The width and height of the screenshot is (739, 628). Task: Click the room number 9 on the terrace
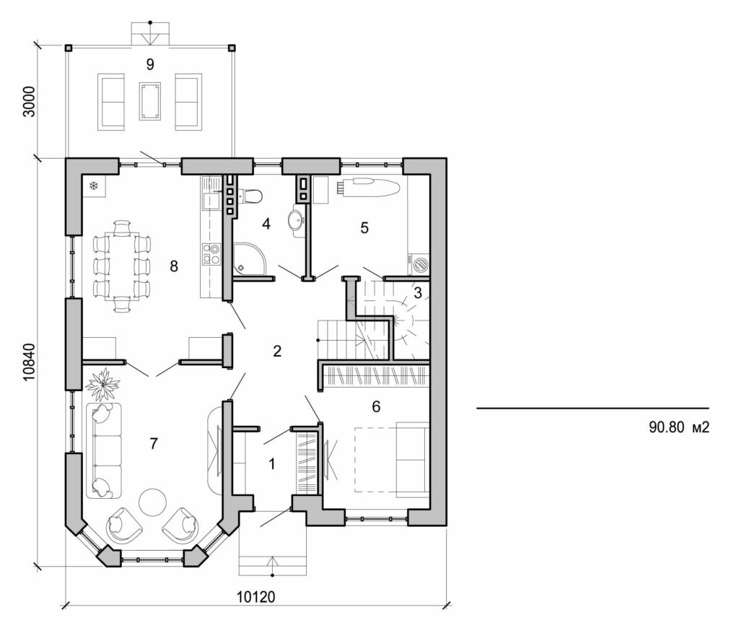(150, 64)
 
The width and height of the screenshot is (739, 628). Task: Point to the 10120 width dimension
(257, 598)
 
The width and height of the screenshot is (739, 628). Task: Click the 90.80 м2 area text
(680, 427)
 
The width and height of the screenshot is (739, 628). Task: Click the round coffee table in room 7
(153, 502)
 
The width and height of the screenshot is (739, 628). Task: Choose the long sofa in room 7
(104, 450)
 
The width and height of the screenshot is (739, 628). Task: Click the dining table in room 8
(123, 265)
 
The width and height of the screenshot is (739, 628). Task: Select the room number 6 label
(375, 407)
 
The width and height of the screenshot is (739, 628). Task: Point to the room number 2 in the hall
(276, 352)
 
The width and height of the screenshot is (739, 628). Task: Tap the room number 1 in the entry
(272, 464)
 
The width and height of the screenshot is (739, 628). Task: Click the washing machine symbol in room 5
(419, 261)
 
